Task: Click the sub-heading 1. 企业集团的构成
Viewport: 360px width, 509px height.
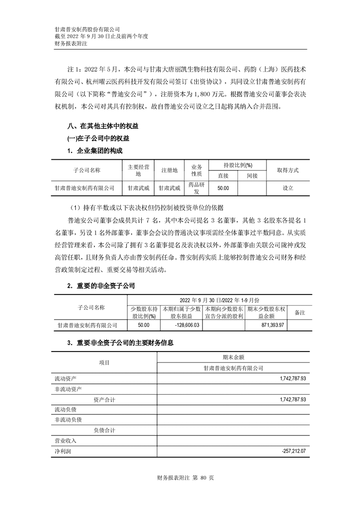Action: click(x=95, y=151)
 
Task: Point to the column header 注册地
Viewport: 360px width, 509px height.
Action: click(x=169, y=170)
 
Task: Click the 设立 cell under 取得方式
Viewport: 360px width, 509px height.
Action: click(x=288, y=188)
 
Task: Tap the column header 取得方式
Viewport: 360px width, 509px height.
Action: click(x=288, y=170)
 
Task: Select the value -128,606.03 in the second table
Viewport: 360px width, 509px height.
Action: click(x=187, y=325)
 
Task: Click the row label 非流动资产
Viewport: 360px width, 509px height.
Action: click(x=68, y=389)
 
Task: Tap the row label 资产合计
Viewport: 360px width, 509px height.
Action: click(x=104, y=400)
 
